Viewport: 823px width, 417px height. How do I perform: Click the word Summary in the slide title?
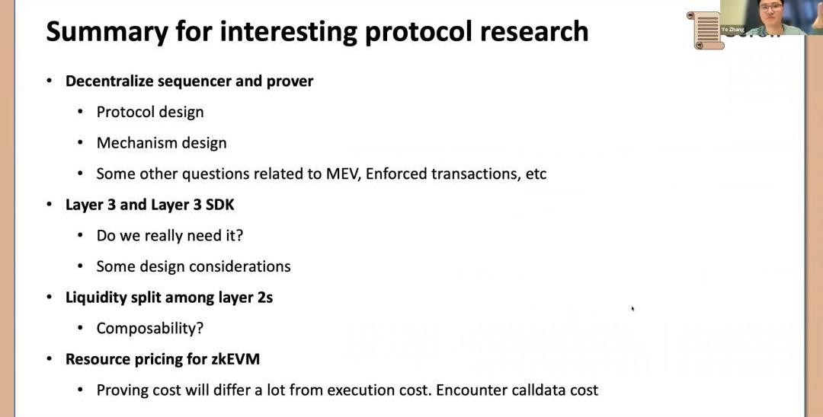(107, 31)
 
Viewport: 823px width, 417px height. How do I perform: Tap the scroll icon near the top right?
(706, 31)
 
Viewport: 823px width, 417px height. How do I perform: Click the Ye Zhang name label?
(733, 30)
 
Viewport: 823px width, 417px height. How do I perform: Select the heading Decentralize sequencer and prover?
(190, 81)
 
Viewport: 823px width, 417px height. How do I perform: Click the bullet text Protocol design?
(150, 112)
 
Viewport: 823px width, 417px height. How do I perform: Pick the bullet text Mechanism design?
(162, 143)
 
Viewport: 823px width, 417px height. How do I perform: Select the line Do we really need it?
(170, 236)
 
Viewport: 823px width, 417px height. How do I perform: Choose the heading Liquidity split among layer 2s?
(169, 298)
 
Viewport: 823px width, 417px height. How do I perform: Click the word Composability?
(150, 329)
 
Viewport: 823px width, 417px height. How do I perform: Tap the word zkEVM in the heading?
(235, 359)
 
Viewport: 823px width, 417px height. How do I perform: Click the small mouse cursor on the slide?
(633, 309)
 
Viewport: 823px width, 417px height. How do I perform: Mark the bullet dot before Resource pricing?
(50, 359)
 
